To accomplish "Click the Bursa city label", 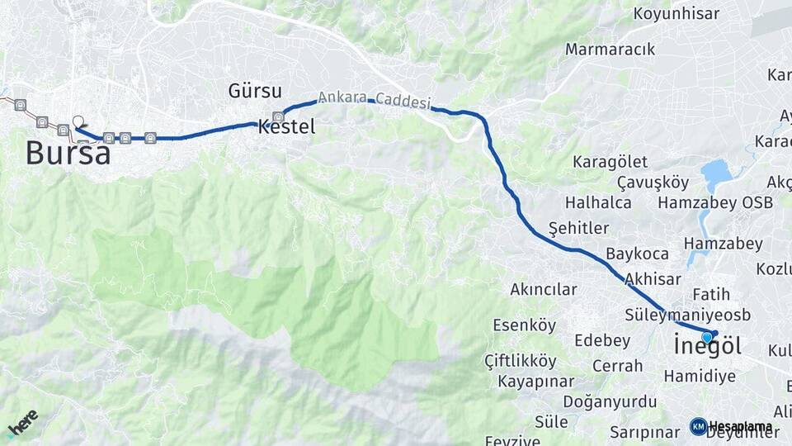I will (x=68, y=153).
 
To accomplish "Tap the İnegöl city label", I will (x=707, y=346).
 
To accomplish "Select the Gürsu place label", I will (x=255, y=91).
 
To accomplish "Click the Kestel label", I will (x=286, y=127).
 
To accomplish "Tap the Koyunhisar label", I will (x=676, y=13).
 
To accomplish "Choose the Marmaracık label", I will (x=610, y=50).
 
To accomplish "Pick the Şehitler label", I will (x=578, y=228).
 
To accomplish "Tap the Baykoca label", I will (x=637, y=254).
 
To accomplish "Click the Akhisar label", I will (x=653, y=278).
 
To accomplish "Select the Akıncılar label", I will (x=543, y=290).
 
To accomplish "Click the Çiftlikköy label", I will (x=520, y=361).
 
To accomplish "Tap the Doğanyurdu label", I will (x=610, y=401).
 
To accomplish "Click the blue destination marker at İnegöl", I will (x=707, y=337).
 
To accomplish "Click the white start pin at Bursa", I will (x=78, y=122).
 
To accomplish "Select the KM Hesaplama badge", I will (x=732, y=426).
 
